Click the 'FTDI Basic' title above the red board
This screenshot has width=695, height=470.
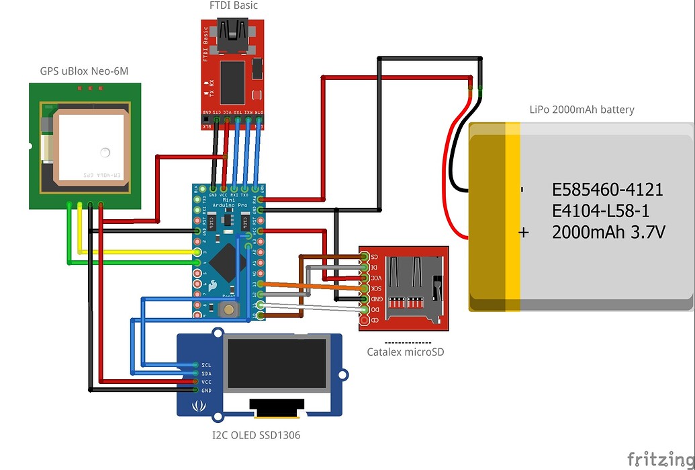point(234,6)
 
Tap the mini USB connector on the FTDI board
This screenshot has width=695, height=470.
point(232,38)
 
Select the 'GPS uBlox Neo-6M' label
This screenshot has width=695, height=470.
point(83,71)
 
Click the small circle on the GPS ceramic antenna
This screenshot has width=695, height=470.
point(104,151)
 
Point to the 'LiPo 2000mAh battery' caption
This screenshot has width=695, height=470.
point(582,110)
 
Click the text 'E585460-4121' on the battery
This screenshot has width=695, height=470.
point(607,190)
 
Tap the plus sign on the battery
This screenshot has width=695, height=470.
point(524,233)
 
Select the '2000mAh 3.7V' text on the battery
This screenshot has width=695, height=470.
point(608,233)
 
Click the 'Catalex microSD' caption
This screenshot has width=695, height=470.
point(405,352)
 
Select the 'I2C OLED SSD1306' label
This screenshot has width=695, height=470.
point(256,435)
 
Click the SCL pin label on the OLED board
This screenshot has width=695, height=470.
point(205,365)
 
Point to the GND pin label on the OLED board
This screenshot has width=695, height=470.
point(205,391)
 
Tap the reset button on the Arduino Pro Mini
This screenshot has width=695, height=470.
point(230,310)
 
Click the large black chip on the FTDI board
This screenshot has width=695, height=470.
point(232,83)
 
